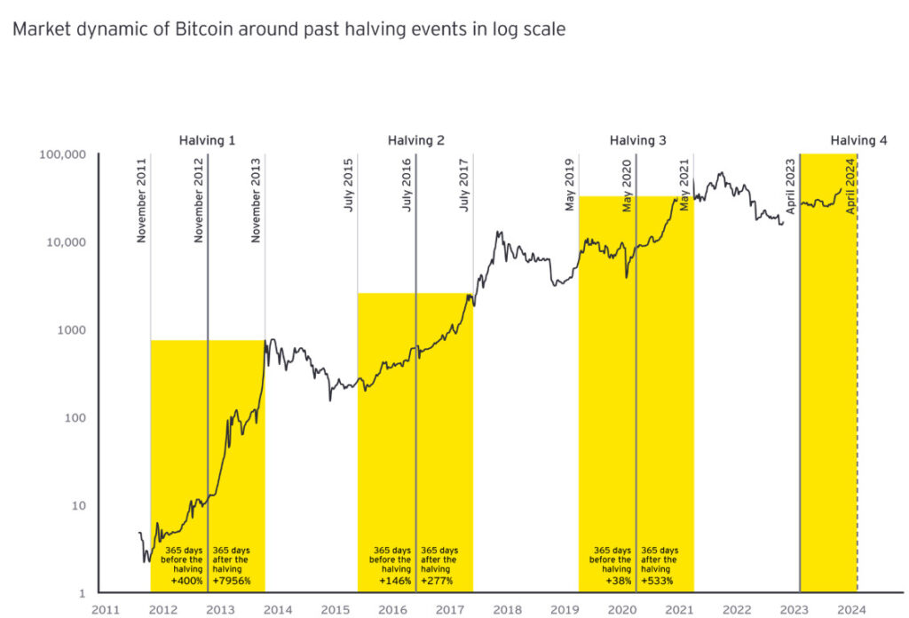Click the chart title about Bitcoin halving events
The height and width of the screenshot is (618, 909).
(289, 29)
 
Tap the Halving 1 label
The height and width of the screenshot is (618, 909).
(207, 140)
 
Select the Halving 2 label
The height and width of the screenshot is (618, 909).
(416, 140)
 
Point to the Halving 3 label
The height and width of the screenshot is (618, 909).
(637, 140)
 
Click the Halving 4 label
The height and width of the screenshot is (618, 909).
(858, 140)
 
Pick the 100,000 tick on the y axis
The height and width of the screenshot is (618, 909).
(63, 154)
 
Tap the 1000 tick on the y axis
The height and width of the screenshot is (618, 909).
(71, 330)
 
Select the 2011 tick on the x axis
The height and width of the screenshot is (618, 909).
(106, 609)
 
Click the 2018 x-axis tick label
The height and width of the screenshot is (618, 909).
(507, 609)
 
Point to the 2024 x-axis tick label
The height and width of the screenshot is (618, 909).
(851, 609)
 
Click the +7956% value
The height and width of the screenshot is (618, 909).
(233, 581)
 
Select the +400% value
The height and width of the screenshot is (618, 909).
(187, 581)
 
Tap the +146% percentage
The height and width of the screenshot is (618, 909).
(394, 581)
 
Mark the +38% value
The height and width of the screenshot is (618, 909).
(613, 581)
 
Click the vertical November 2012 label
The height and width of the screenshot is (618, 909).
(199, 201)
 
